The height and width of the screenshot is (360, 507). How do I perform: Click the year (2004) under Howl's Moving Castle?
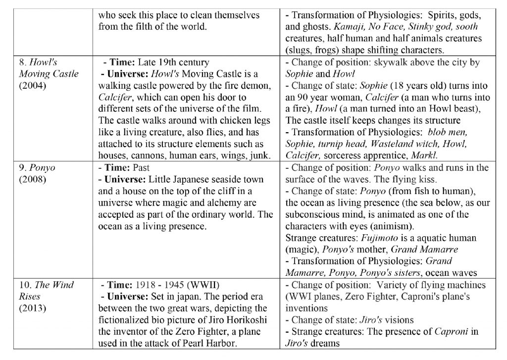point(33,85)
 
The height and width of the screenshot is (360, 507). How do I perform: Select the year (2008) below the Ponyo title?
point(33,179)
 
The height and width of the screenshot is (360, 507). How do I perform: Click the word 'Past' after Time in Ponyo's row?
point(142,167)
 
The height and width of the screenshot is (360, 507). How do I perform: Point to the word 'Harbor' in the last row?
point(225,343)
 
